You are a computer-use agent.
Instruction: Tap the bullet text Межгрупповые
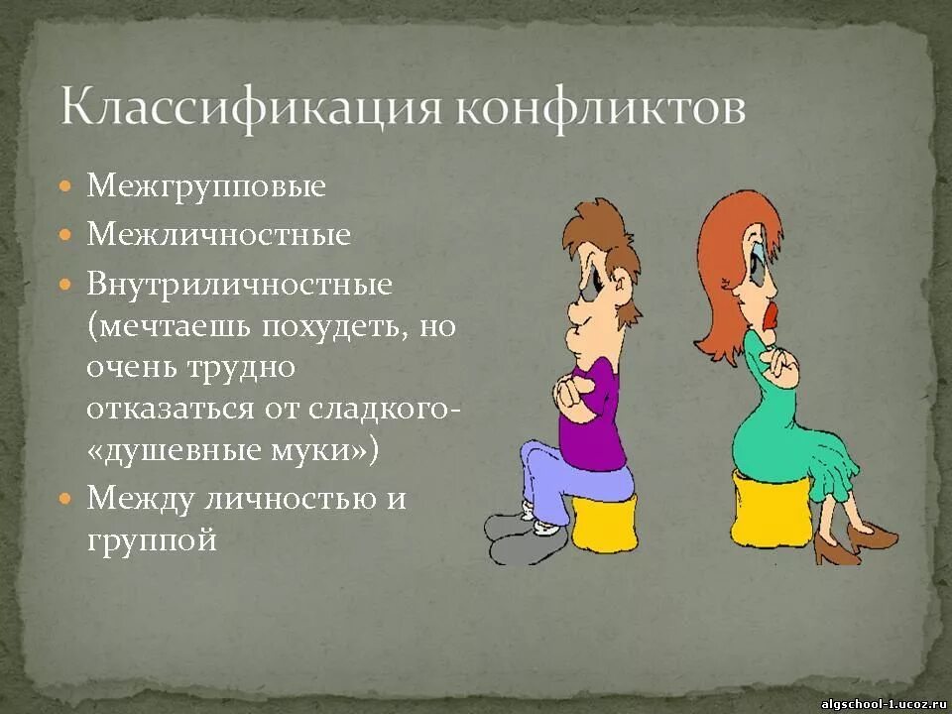206,185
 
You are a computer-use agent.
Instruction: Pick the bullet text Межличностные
219,235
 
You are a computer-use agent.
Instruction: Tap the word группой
151,540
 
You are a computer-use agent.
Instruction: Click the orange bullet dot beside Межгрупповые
65,185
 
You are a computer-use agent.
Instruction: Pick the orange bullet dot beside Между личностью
65,498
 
